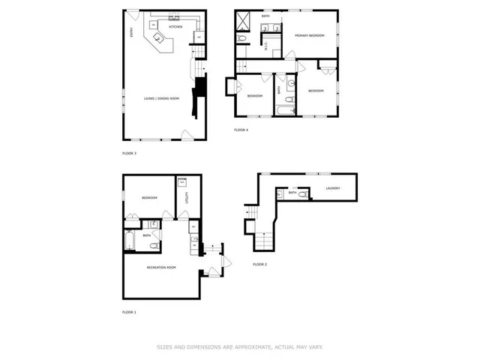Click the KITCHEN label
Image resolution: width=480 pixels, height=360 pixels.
[x=175, y=27]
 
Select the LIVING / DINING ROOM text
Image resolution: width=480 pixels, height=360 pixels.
[x=161, y=98]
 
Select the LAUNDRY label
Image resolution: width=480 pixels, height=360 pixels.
[x=334, y=188]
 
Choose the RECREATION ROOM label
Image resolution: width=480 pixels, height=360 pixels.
[x=161, y=266]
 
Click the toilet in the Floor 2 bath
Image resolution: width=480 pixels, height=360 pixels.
[x=302, y=194]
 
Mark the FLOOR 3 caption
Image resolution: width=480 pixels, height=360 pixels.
[x=130, y=153]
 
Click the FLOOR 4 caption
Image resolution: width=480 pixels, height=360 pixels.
[x=241, y=130]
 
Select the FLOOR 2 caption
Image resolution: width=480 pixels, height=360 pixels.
[x=259, y=265]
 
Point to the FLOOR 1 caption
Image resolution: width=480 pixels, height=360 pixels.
[x=130, y=311]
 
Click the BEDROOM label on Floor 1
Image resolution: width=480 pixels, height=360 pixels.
[x=149, y=198]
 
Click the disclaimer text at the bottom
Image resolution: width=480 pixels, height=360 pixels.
[x=239, y=346]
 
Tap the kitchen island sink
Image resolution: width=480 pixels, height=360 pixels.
[x=158, y=37]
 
